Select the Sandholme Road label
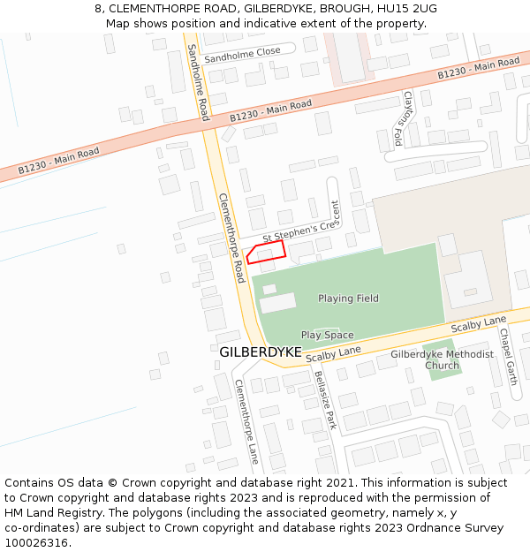pyautogui.click(x=199, y=84)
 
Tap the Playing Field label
pyautogui.click(x=348, y=299)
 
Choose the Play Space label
pyautogui.click(x=327, y=335)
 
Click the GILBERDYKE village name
pyautogui.click(x=260, y=352)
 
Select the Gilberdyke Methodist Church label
pyautogui.click(x=442, y=359)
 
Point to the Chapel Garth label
pyautogui.click(x=507, y=357)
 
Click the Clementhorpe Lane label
pyautogui.click(x=246, y=421)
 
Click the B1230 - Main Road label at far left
pyautogui.click(x=58, y=160)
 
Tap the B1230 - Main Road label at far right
pyautogui.click(x=479, y=69)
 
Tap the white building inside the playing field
pyautogui.click(x=278, y=301)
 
